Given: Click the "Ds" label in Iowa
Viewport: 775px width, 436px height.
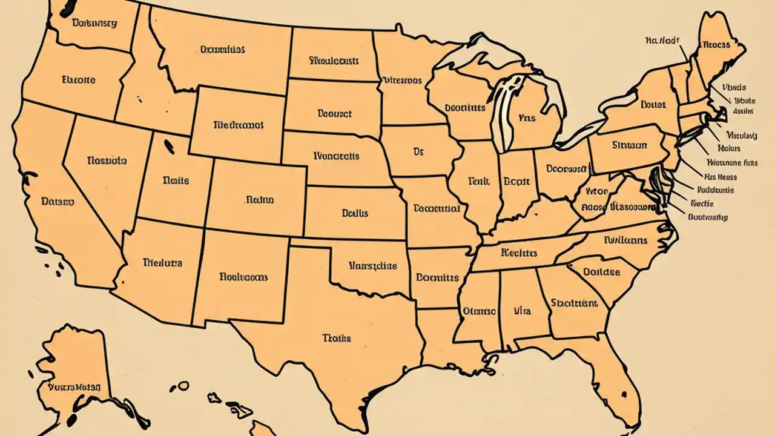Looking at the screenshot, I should click(x=418, y=152).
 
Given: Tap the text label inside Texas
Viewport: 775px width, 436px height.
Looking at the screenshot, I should click(x=337, y=338).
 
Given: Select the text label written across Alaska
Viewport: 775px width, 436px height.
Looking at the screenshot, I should click(x=74, y=386).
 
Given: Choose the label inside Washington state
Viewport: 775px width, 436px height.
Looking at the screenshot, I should click(x=94, y=24).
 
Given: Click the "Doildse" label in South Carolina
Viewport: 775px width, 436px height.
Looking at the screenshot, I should click(x=601, y=272).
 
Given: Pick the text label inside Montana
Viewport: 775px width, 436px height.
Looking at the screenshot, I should click(x=222, y=50).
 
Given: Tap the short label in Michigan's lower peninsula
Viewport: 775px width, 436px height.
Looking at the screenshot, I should click(x=527, y=118).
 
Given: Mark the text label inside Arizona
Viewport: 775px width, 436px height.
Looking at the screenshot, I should click(x=162, y=263).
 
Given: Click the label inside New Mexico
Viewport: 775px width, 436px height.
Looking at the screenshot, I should click(x=243, y=277).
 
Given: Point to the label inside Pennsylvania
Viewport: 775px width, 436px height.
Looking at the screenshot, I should click(x=629, y=145).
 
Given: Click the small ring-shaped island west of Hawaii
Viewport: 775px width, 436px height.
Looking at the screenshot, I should click(x=182, y=386).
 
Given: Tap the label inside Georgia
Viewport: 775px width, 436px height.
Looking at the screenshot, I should click(x=575, y=303).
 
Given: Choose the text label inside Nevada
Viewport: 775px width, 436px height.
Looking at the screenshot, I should click(x=107, y=161).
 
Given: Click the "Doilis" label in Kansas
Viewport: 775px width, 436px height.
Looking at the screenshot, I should click(x=355, y=213).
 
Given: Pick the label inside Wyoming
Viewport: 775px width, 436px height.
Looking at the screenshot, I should click(x=239, y=125).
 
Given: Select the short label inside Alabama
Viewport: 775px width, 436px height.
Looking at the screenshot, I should click(x=522, y=311).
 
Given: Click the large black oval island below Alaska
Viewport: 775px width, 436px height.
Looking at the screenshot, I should click(x=73, y=418).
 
